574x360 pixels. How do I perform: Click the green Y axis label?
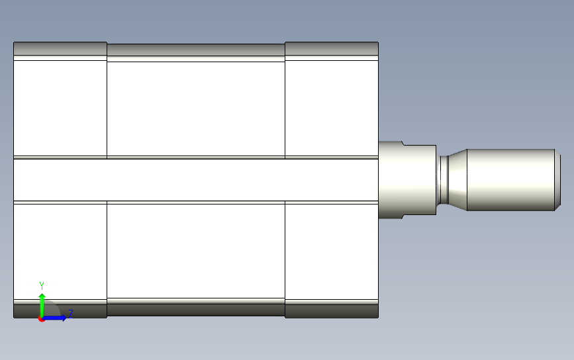click(x=41, y=286)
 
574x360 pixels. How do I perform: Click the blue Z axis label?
click(x=71, y=314)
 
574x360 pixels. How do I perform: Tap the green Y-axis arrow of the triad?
click(x=42, y=305)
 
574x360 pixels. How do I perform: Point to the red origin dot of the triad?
click(x=41, y=319)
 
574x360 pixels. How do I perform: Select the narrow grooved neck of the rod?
click(x=444, y=180)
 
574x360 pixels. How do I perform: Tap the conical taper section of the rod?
click(x=457, y=179)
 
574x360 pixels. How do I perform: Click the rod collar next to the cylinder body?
click(x=407, y=180)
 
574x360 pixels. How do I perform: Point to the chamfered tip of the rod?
click(x=558, y=179)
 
